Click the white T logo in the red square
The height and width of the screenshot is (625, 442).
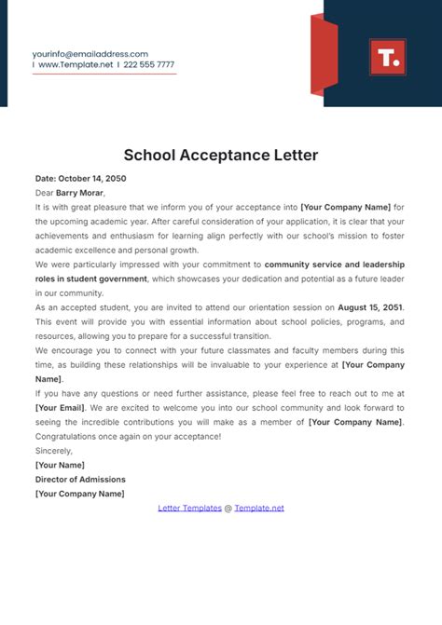[x=387, y=57]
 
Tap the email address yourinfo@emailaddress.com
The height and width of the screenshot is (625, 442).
[x=90, y=54]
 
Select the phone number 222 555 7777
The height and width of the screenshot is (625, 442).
[x=149, y=65]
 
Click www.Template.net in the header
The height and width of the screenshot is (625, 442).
[x=74, y=65]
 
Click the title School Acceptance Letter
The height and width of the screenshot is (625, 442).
[x=221, y=155]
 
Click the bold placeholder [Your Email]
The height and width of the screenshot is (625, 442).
[x=64, y=408]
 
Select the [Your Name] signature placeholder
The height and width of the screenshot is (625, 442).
[x=60, y=465]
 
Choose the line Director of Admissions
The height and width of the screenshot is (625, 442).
[x=81, y=480]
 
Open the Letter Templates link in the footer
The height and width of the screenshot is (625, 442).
[x=189, y=509]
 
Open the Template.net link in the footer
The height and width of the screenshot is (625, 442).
[x=259, y=509]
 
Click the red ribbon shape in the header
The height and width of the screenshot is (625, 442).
[x=323, y=57]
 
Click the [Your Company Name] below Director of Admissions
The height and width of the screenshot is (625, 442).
[x=79, y=494]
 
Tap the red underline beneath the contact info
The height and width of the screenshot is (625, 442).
[x=104, y=75]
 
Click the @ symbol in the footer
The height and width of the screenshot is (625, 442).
[x=228, y=509]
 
